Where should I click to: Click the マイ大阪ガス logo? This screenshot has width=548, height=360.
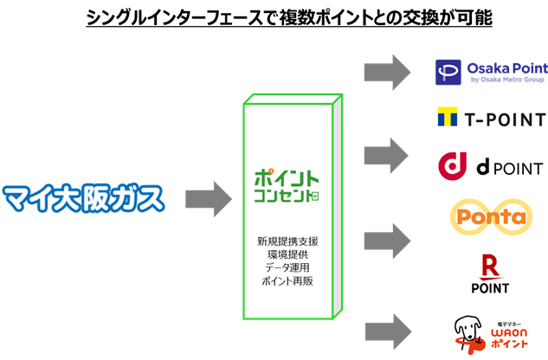(83, 198)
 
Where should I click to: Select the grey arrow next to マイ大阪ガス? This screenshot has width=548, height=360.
(209, 198)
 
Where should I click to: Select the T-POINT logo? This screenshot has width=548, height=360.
(491, 119)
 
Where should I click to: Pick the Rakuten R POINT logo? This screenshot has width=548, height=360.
(491, 274)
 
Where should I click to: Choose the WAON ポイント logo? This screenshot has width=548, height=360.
(491, 333)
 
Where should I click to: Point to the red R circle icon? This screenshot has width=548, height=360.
(491, 267)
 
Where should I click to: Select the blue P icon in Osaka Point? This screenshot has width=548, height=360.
(448, 71)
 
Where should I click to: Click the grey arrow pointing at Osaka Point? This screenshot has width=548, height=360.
(386, 69)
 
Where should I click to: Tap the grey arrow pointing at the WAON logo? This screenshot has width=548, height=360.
(386, 330)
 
